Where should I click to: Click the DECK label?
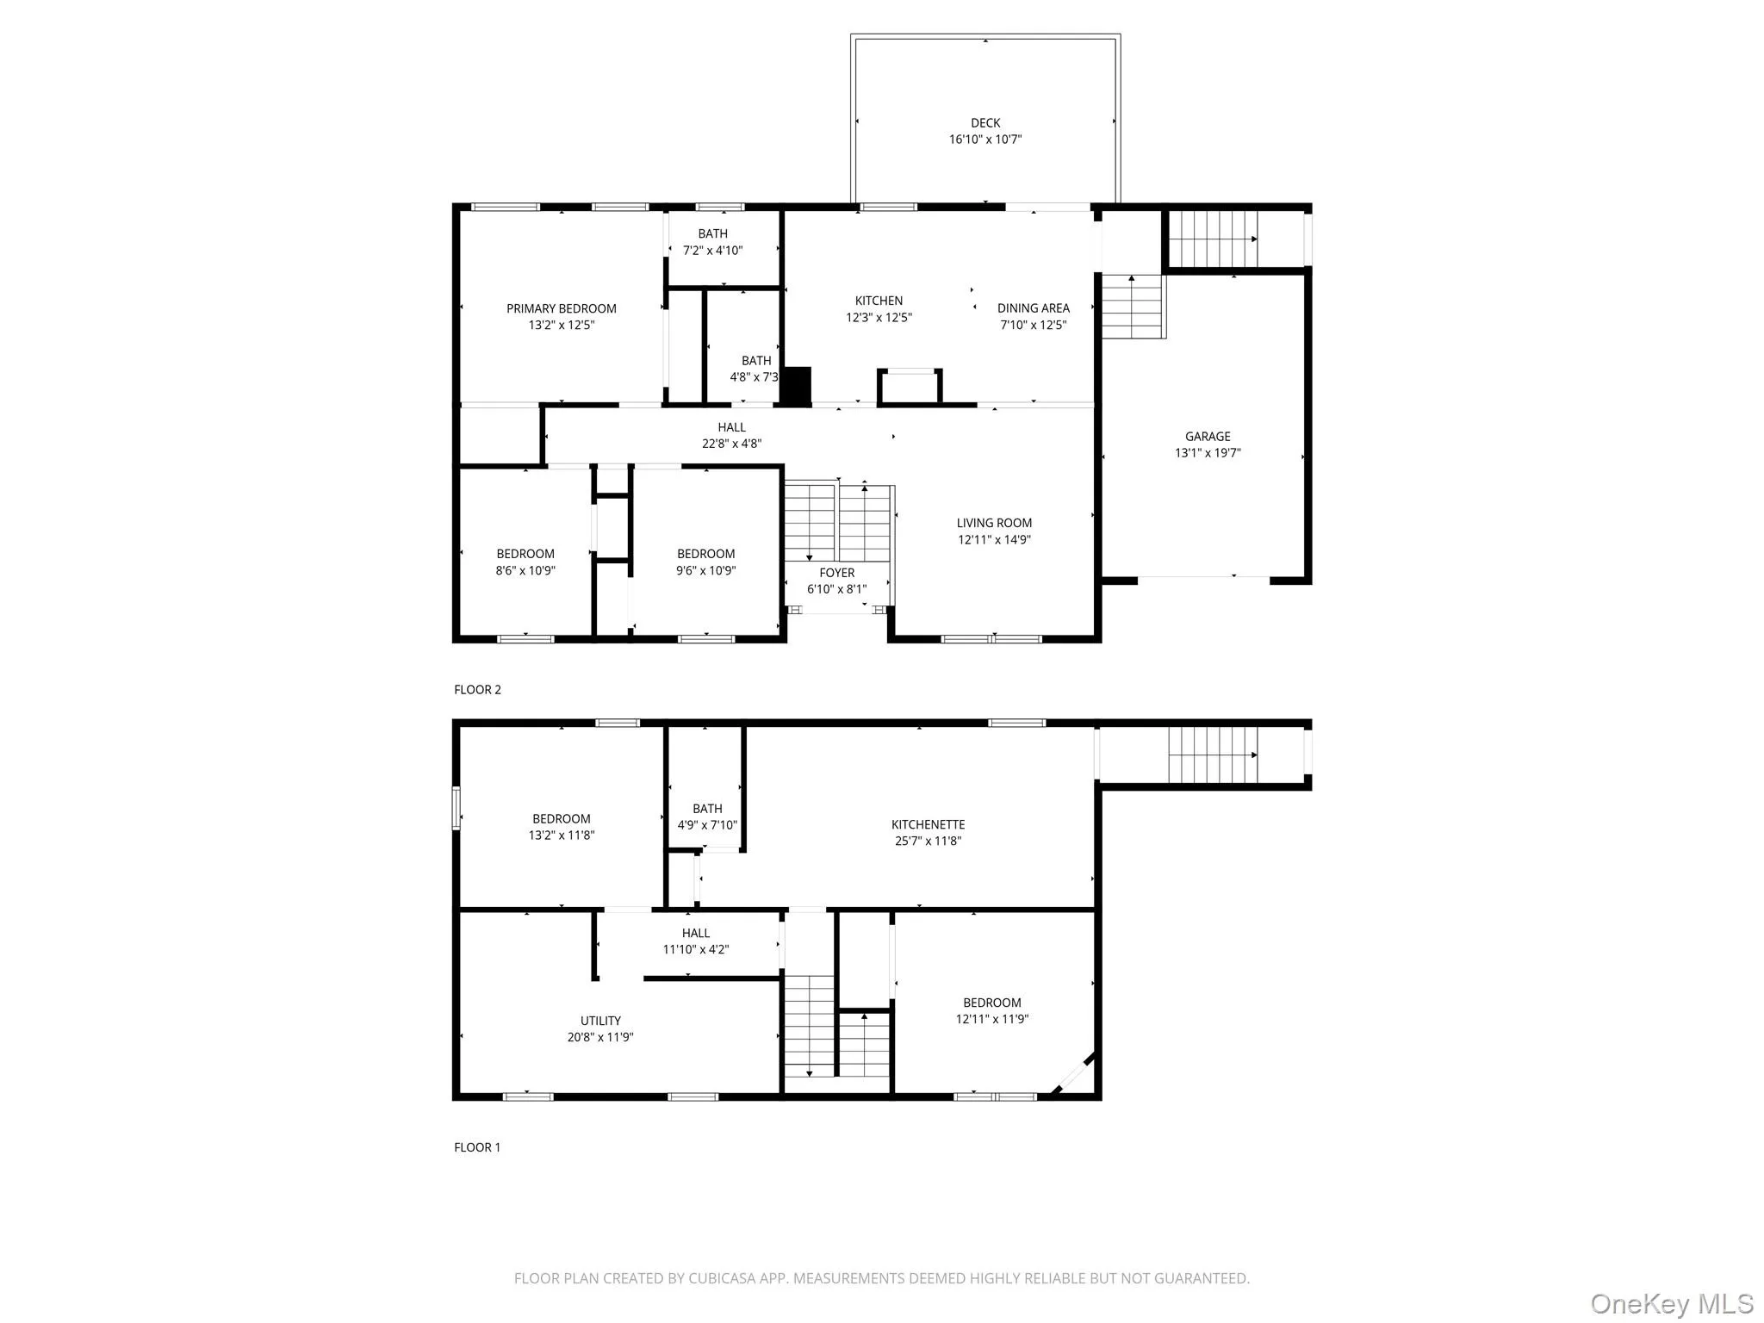click(x=984, y=123)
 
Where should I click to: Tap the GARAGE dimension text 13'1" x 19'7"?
click(x=1207, y=453)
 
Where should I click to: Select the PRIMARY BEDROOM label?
click(x=561, y=308)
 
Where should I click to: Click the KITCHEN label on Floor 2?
click(x=879, y=301)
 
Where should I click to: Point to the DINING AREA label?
click(x=1033, y=308)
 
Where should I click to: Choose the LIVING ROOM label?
click(x=993, y=523)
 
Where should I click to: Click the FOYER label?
click(x=836, y=573)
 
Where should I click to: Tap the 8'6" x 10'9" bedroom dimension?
click(x=525, y=570)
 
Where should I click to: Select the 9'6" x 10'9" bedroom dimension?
click(x=705, y=570)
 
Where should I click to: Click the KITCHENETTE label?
click(x=928, y=824)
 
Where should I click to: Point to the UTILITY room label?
click(x=600, y=1021)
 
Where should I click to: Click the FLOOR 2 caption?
click(x=477, y=689)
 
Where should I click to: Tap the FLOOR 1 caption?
click(x=477, y=1147)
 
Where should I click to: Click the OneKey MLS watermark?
click(x=1671, y=1302)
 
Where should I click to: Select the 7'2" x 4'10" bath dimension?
click(x=712, y=251)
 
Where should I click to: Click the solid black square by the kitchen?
click(x=797, y=386)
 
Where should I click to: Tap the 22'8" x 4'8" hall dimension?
click(x=731, y=444)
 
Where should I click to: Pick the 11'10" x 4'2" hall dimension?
click(x=695, y=949)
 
